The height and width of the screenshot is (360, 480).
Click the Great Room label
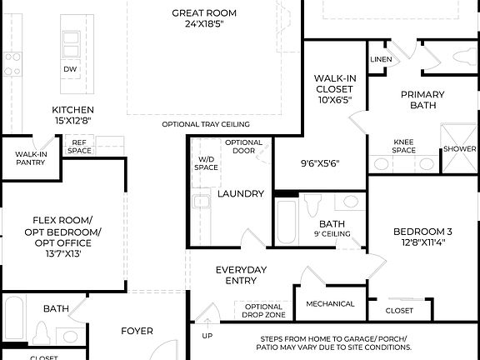pos(203,18)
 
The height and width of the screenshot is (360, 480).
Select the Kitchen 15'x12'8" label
pos(72,115)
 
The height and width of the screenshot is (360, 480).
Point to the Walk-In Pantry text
pos(31,158)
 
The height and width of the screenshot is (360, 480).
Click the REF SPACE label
pos(80,147)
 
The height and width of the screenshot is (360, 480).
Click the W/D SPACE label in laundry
pos(207,163)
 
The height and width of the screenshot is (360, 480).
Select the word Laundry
pos(241,193)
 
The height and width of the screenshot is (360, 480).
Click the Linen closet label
pos(381,60)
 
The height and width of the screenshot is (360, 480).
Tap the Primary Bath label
pos(422,100)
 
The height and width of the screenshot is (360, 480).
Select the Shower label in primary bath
pos(459,148)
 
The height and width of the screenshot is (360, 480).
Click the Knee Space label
pos(404,147)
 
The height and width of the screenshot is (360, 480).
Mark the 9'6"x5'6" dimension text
pos(319,163)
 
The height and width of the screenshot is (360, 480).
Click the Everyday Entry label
pos(241,275)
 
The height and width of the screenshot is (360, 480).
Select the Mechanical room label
pos(330,304)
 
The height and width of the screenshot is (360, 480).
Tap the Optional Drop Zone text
pos(264,311)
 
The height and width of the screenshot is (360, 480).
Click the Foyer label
pos(137,331)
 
